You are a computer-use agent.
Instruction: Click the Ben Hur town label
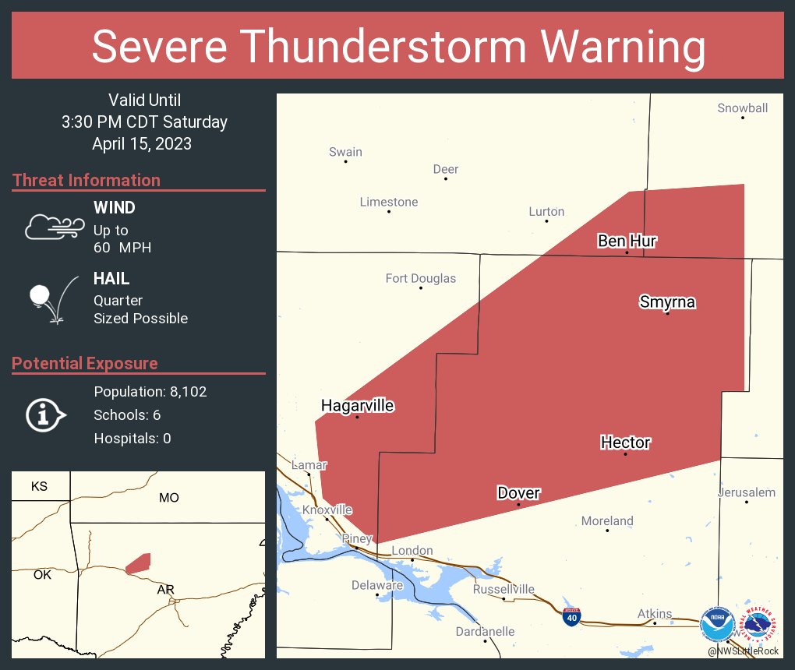[627, 241]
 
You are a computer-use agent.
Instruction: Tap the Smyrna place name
[667, 301]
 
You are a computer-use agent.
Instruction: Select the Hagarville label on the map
[358, 405]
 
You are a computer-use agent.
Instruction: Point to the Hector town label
[625, 443]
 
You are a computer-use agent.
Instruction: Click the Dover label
[518, 493]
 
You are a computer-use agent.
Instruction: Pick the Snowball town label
[742, 108]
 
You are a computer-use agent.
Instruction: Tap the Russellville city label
[503, 589]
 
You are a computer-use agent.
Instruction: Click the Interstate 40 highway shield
[571, 616]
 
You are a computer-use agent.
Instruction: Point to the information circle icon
[44, 414]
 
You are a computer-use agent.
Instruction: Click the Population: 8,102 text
[150, 392]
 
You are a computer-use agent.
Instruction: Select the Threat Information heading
[87, 180]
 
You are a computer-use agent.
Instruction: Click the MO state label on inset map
[168, 497]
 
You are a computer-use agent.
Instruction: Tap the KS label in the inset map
[39, 486]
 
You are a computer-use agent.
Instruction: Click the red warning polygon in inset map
[138, 563]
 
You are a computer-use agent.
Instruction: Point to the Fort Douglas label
[421, 278]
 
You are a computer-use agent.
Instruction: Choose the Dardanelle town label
[485, 631]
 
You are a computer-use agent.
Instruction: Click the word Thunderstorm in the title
[398, 47]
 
